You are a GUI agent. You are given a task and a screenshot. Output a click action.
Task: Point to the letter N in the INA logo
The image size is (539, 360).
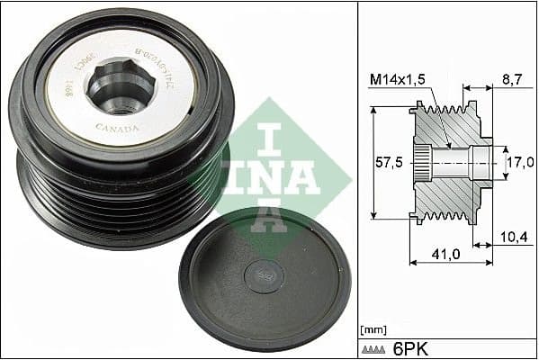(271, 174)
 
